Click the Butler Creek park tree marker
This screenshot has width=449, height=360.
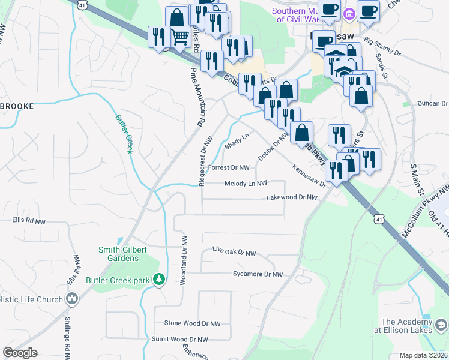click(x=158, y=279)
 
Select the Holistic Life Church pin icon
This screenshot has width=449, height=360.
click(x=73, y=299)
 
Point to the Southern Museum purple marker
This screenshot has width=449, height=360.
click(x=348, y=12)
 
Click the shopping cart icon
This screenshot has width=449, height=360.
click(x=181, y=37)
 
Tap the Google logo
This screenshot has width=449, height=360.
click(x=20, y=353)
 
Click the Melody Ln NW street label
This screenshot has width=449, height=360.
click(x=246, y=184)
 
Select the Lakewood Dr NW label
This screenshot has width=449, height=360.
click(x=292, y=197)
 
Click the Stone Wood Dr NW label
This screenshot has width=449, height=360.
click(x=192, y=323)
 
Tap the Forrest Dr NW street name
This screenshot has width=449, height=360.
click(x=228, y=168)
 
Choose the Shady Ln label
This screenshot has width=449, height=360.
click(x=236, y=142)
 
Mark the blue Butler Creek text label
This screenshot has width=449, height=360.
click(x=123, y=133)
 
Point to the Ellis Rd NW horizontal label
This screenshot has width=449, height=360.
click(x=29, y=221)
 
